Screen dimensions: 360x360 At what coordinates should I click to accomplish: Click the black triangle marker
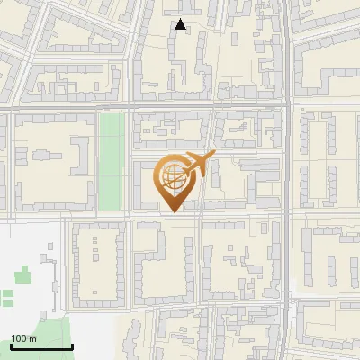pyautogui.click(x=181, y=25)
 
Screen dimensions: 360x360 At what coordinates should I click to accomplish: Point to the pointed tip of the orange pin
pyautogui.click(x=171, y=211)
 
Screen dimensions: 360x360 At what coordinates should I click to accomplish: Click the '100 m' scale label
pyautogui.click(x=23, y=338)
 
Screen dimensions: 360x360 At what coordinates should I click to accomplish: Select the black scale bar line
pyautogui.click(x=41, y=346)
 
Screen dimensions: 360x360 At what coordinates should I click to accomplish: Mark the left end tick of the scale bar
pyautogui.click(x=11, y=346)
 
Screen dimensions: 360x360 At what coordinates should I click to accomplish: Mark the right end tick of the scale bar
pyautogui.click(x=72, y=346)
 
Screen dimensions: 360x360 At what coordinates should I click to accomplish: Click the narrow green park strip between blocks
pyautogui.click(x=112, y=162)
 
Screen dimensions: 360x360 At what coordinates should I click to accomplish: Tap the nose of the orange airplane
pyautogui.click(x=214, y=157)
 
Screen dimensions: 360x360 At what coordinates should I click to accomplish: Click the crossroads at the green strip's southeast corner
pyautogui.click(x=129, y=216)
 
